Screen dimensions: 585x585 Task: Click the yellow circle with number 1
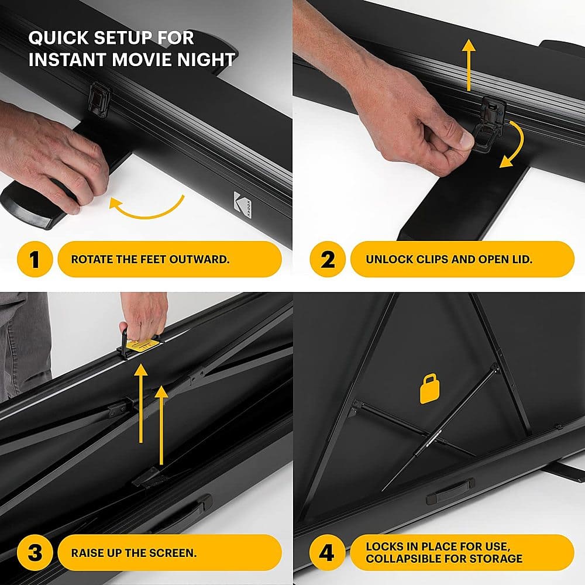(x=35, y=259)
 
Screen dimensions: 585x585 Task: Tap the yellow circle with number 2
(x=328, y=259)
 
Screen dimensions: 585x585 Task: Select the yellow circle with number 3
(x=35, y=552)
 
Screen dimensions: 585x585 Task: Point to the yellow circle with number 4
(x=328, y=552)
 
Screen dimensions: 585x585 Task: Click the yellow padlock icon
(x=430, y=389)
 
